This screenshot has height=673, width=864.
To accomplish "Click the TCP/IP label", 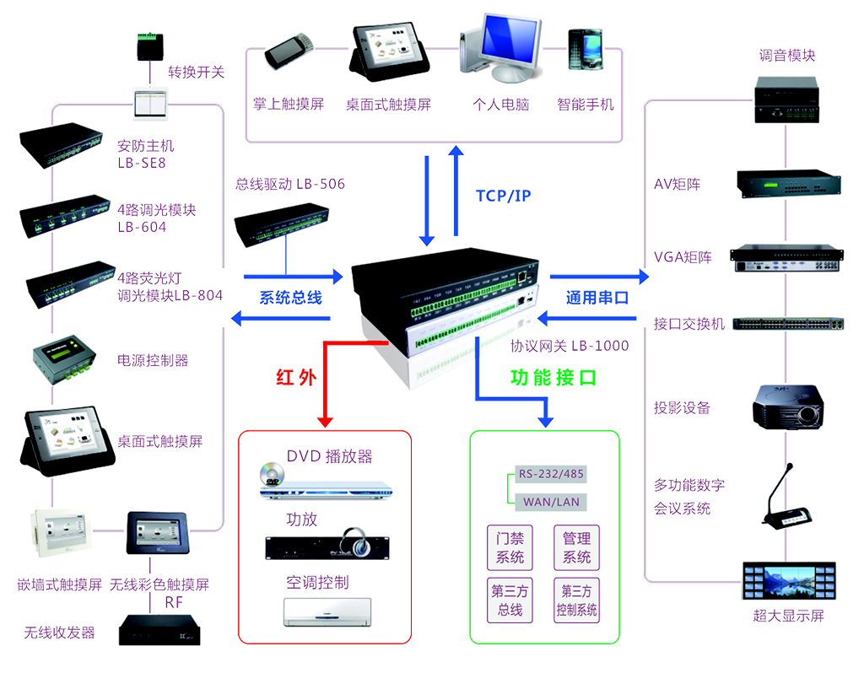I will [504, 197].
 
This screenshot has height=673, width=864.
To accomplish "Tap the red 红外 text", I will [296, 377].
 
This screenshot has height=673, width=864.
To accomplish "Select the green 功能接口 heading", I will [553, 377].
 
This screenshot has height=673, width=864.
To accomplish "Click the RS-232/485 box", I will [549, 474].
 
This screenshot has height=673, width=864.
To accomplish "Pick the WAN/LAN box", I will [550, 502].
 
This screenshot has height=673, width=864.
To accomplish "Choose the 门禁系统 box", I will [510, 547].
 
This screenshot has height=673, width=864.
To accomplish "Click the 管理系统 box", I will [576, 547].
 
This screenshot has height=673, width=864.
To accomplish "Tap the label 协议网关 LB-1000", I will [570, 346].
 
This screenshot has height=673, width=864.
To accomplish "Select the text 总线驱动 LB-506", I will [289, 183].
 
